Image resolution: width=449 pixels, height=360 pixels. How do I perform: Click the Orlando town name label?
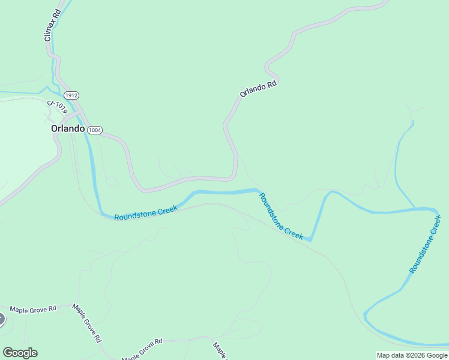point(67,128)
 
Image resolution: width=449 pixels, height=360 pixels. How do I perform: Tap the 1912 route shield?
point(72,95)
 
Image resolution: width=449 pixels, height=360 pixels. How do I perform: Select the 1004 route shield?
point(95,130)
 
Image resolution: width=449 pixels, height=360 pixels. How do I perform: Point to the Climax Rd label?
point(53,25)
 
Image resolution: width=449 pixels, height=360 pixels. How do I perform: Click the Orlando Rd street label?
point(258,89)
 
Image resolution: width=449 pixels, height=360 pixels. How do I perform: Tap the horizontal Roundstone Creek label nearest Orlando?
point(145,212)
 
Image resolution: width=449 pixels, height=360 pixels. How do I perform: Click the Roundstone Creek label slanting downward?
point(281,216)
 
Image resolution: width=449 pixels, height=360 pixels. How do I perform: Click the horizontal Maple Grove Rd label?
point(32,308)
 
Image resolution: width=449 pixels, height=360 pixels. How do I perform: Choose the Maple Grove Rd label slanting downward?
point(87,323)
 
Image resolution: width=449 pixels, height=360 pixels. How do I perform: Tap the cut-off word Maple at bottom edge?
point(218,350)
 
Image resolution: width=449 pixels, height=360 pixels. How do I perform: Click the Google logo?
point(20,353)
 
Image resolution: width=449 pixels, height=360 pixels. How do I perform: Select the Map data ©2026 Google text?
point(412,355)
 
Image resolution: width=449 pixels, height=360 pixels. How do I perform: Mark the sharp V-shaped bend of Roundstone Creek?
point(310,240)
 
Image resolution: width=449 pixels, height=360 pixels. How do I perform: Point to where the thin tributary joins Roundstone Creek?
point(415,208)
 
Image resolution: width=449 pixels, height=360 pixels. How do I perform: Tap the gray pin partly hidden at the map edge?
point(2,319)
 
